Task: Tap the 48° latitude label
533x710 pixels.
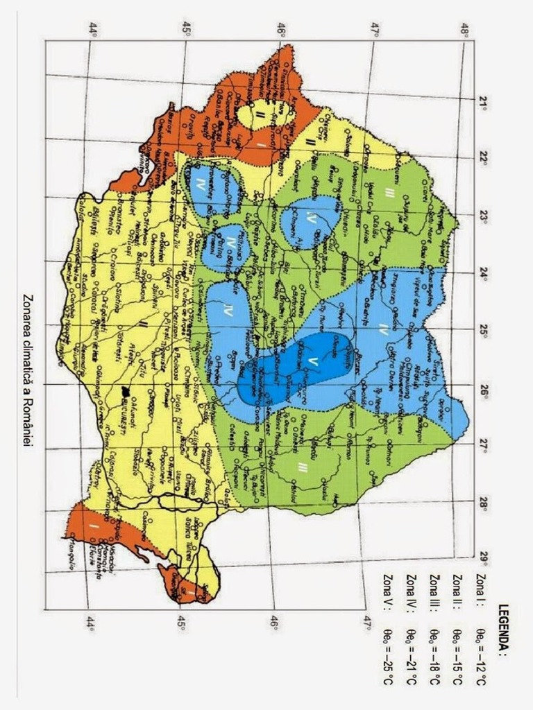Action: pos(466,31)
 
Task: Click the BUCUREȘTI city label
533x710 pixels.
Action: pos(126,408)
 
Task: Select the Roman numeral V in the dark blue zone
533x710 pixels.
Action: pos(312,361)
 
